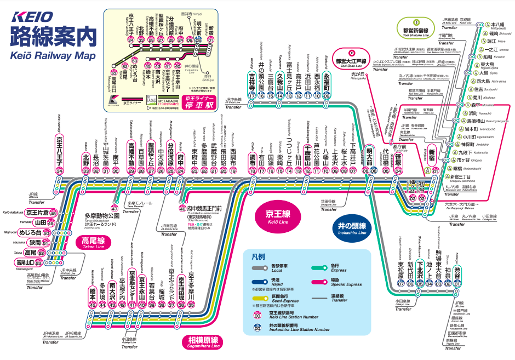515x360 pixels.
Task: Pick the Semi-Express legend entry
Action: [280, 299]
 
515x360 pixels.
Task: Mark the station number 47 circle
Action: [115, 208]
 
